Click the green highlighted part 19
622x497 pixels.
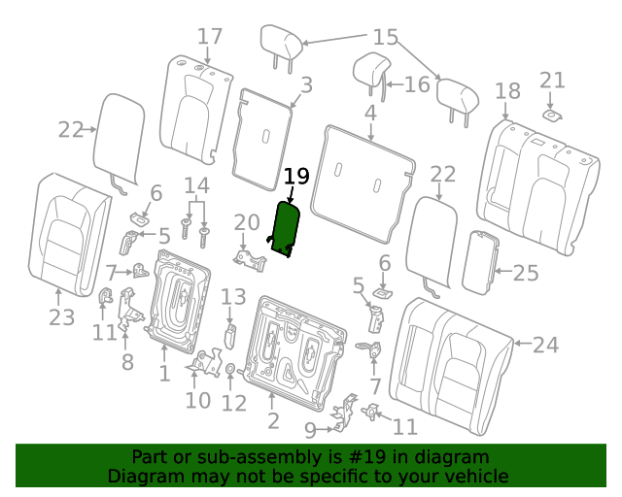click(x=285, y=229)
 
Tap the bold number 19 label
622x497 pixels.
click(x=296, y=176)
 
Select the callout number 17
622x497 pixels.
click(x=210, y=37)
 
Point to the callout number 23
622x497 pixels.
click(x=62, y=317)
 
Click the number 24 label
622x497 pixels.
click(x=545, y=345)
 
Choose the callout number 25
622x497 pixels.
click(x=526, y=273)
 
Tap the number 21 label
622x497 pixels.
click(x=552, y=81)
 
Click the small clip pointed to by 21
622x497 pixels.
click(x=552, y=116)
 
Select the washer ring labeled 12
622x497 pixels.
click(x=230, y=369)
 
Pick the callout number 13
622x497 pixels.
click(x=233, y=296)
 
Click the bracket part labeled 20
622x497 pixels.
click(x=250, y=260)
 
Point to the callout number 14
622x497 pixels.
click(x=196, y=185)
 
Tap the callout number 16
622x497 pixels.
click(x=417, y=84)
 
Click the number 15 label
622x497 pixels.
click(x=386, y=37)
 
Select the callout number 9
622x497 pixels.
click(x=310, y=430)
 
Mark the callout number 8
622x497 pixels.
click(x=127, y=361)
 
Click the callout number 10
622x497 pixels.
click(x=198, y=400)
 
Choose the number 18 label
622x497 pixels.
click(x=507, y=91)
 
